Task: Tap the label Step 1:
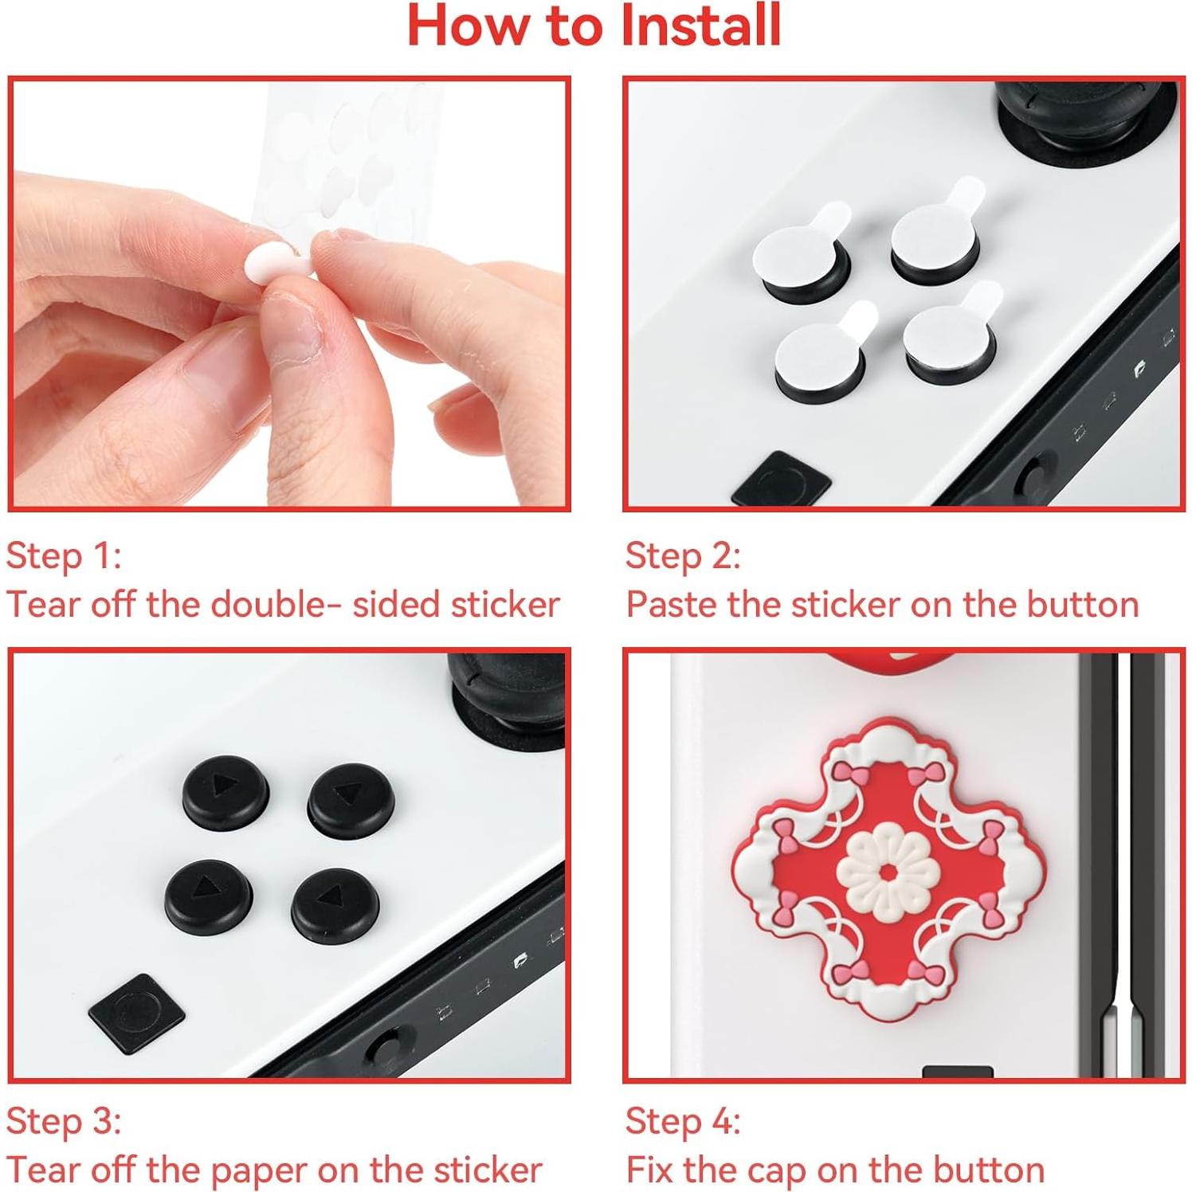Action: (64, 556)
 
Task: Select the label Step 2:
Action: (683, 556)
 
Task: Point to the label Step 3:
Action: (64, 1121)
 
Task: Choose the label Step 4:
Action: (683, 1121)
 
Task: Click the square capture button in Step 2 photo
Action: (781, 480)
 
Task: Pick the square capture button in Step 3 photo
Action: (137, 1013)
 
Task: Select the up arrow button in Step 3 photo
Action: (351, 798)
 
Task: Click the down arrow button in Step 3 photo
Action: (209, 897)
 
